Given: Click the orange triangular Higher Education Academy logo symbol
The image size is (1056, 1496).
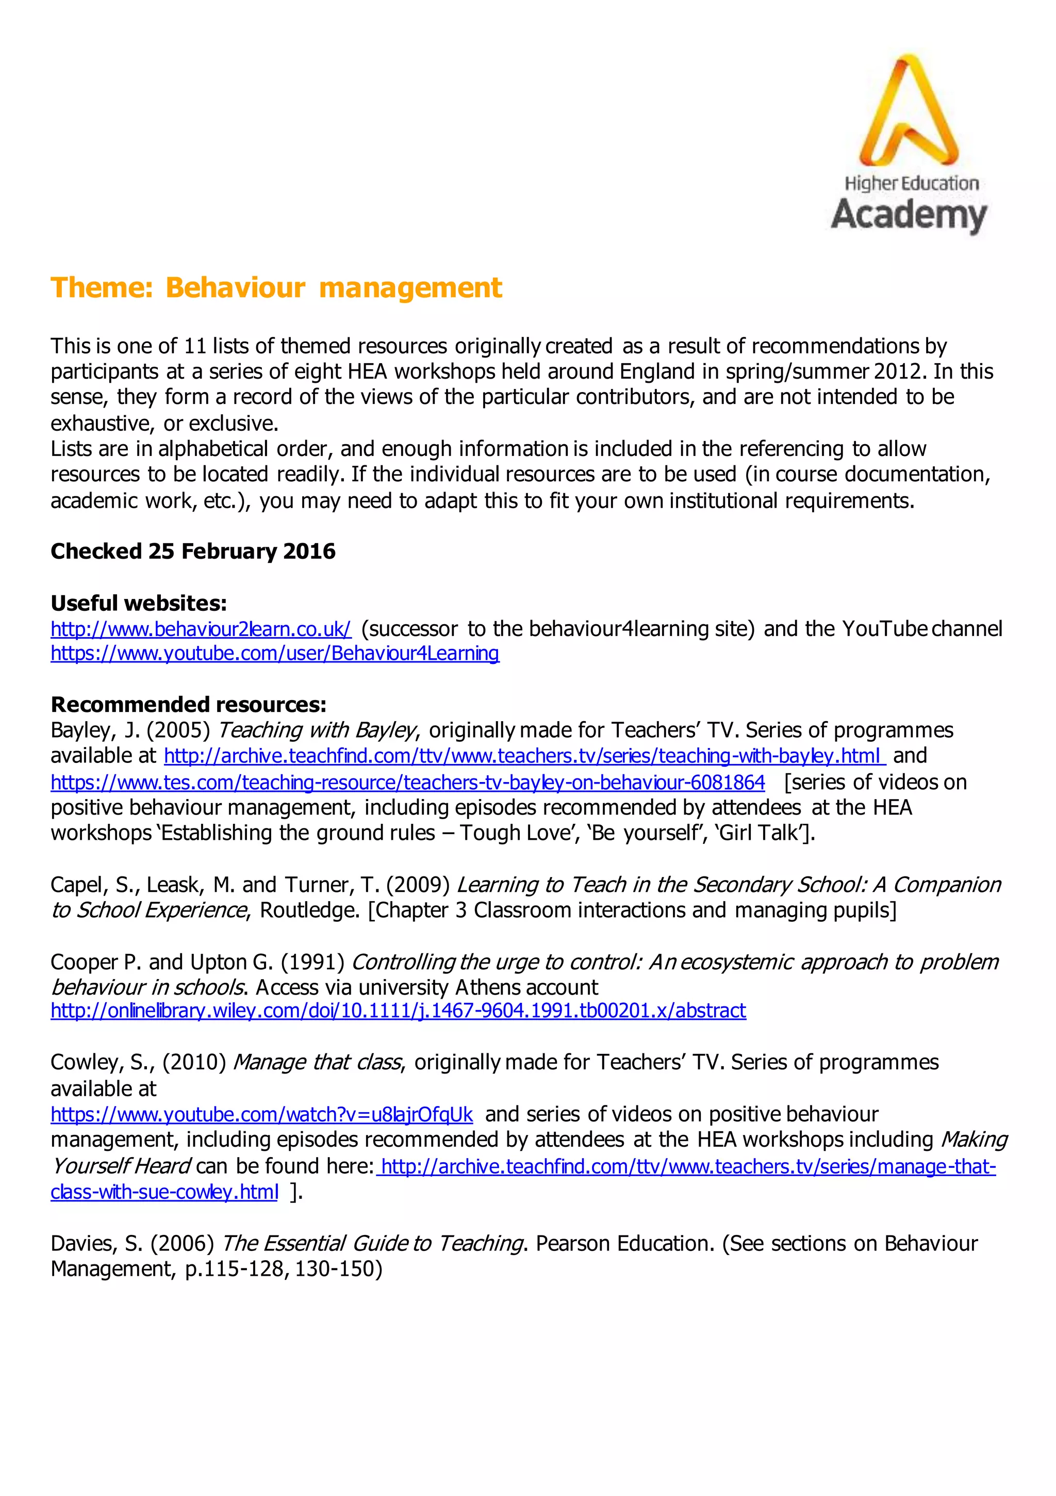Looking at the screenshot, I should pos(908,111).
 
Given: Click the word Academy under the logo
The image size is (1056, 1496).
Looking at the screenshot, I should pos(909,215).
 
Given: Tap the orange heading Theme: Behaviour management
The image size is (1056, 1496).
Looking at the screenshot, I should pos(276,287).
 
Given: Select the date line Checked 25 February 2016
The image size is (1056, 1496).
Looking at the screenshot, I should pos(193,551).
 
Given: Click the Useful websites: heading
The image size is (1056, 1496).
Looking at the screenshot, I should pos(139,604).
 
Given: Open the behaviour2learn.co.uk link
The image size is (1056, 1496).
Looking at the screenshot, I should pos(201,629).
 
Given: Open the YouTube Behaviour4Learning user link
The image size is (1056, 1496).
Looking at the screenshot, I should pos(275,654).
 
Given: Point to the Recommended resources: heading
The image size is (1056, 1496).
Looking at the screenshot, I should pos(188,704).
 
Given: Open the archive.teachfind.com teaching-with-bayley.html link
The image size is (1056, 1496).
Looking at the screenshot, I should pos(524,756).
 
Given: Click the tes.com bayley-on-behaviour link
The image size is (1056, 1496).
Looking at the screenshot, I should pos(408,782).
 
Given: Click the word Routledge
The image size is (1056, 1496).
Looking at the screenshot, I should pos(309,910).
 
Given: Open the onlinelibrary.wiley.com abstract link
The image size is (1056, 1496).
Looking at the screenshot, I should pos(398,1011).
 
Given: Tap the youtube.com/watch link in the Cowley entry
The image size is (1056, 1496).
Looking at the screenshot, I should pos(262,1115).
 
